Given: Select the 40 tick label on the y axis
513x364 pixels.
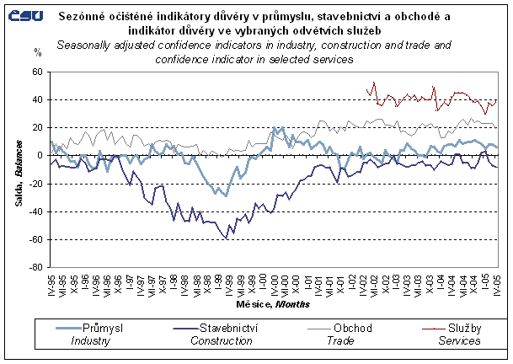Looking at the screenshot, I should click(x=36, y=99).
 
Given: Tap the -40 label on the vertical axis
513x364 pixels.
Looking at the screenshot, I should click(x=35, y=211).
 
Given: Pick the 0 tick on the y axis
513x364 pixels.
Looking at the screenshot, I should click(x=39, y=155).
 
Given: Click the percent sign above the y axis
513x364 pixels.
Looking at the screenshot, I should click(x=36, y=52).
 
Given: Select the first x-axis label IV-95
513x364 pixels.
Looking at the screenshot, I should click(x=51, y=283).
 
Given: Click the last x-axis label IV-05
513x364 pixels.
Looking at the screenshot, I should click(x=495, y=283).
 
